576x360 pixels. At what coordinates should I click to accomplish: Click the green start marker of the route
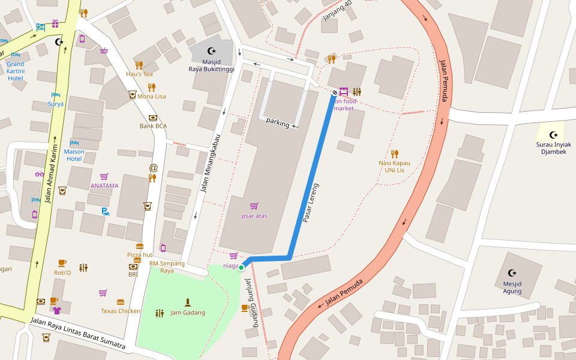pos(242,268)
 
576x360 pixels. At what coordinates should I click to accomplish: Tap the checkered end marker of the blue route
pos(334,92)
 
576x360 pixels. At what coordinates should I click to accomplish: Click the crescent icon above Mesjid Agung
pos(512,273)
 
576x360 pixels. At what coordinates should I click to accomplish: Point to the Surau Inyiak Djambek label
pos(553,148)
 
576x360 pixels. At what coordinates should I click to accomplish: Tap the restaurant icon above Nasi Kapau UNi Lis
pos(394,154)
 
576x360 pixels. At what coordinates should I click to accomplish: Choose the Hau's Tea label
pos(139,74)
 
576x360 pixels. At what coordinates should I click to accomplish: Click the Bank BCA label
pos(153,126)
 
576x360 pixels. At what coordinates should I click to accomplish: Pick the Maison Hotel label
pos(74,155)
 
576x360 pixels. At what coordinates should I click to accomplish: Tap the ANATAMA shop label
pos(104,185)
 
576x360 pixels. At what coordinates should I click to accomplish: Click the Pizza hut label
pos(139,255)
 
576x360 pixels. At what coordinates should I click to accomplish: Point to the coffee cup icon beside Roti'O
pos(62,263)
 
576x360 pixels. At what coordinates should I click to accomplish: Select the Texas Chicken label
pos(121,311)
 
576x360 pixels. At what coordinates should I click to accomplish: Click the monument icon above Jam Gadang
pos(188,302)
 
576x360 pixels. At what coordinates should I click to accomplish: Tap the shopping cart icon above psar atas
pos(254,206)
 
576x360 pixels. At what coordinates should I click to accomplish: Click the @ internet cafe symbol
pos(153,167)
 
